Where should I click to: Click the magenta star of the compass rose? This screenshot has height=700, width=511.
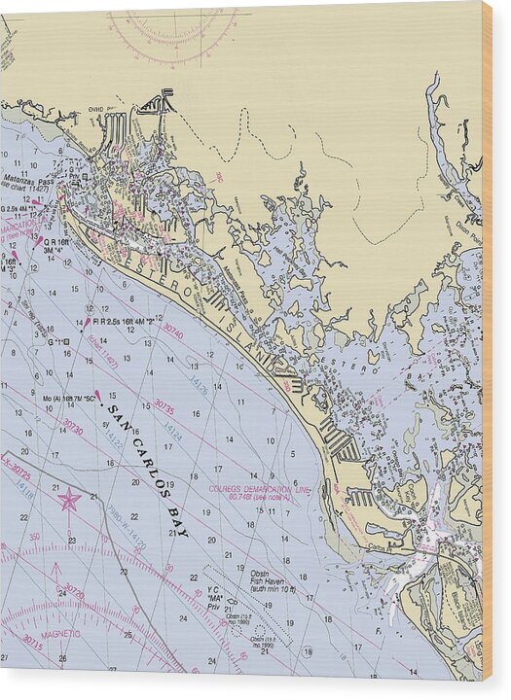69,500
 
